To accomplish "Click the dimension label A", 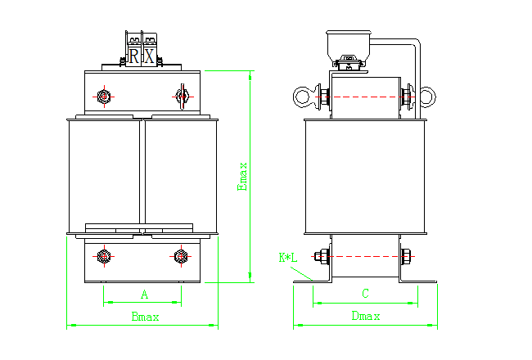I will [x=144, y=294].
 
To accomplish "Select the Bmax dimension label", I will [x=145, y=317].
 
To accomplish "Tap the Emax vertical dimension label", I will [x=241, y=176].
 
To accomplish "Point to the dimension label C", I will [x=365, y=293].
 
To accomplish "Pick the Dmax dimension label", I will [x=365, y=317].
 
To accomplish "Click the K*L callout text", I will [x=288, y=258].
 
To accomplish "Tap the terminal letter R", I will [x=133, y=56].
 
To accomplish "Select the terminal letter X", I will [x=149, y=56].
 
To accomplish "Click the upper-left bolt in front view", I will [x=104, y=97].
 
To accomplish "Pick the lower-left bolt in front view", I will [x=104, y=258].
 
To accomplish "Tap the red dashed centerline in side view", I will [x=365, y=97].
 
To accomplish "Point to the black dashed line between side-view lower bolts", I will [x=365, y=258].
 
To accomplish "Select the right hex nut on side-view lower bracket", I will [x=406, y=258].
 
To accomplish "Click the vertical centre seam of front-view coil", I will [x=144, y=176].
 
